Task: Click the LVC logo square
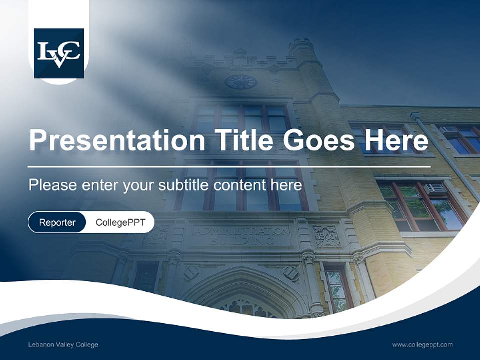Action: [x=58, y=53]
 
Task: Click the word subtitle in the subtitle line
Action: [x=185, y=185]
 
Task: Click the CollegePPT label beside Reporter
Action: [x=120, y=223]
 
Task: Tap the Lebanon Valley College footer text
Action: [x=63, y=345]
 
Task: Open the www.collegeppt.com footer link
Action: [x=422, y=345]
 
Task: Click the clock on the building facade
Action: [x=241, y=82]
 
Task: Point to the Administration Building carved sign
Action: [x=241, y=235]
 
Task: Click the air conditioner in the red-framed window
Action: [x=435, y=189]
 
